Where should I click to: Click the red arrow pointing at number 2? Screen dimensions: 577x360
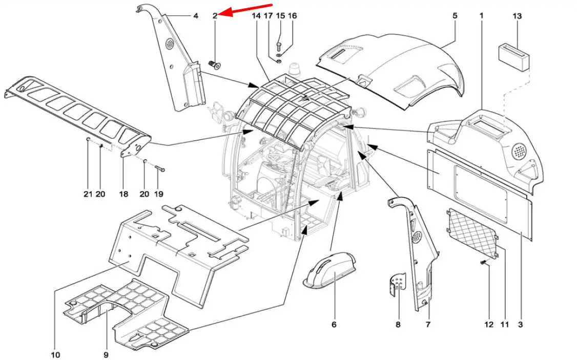[246, 10]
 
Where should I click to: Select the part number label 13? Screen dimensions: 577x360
[517, 16]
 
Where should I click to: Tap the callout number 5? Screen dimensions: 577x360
[455, 16]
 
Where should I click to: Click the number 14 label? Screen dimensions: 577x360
[257, 16]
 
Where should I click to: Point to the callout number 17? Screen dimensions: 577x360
[269, 16]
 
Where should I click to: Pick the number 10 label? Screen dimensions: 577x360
[55, 355]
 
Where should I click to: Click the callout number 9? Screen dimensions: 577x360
[106, 355]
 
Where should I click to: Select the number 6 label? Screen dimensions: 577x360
[334, 324]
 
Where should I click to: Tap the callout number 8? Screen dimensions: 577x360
[398, 324]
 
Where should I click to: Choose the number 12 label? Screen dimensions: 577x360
[488, 324]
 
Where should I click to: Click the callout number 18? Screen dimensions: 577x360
[123, 194]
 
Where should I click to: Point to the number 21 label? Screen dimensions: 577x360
[88, 194]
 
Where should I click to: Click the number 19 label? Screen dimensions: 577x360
[158, 194]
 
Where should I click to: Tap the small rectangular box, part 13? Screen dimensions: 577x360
[514, 56]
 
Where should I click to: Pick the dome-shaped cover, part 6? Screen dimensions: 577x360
[329, 271]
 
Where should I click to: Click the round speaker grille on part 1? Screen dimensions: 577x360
[519, 151]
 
